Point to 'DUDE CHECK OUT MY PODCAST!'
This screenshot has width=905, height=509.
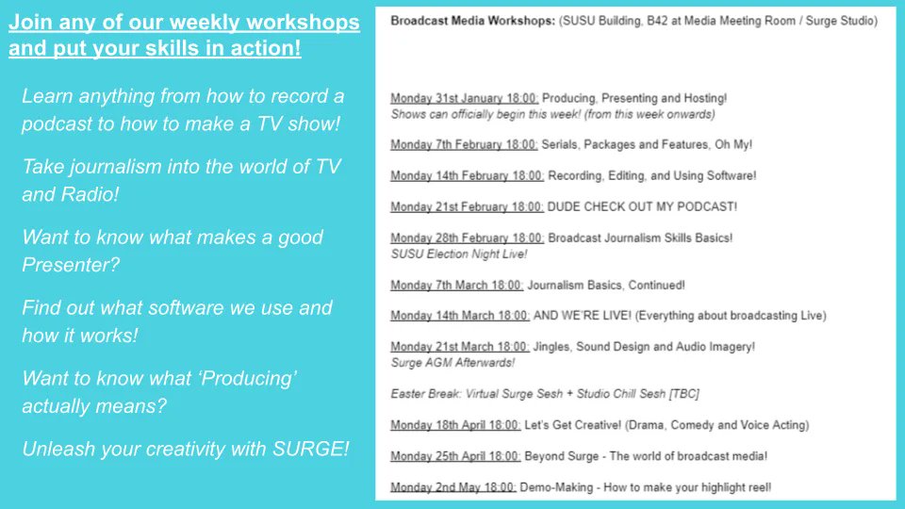click(x=642, y=206)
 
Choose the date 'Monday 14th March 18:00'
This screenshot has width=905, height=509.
click(x=460, y=315)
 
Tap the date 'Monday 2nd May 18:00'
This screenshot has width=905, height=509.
click(x=452, y=487)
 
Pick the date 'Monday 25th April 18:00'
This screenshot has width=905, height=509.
click(x=455, y=456)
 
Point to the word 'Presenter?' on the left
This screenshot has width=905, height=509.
click(x=71, y=265)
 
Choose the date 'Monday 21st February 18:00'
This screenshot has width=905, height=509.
click(x=467, y=206)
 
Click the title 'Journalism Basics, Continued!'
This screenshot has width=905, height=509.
click(x=605, y=285)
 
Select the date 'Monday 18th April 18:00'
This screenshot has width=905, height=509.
click(x=454, y=425)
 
